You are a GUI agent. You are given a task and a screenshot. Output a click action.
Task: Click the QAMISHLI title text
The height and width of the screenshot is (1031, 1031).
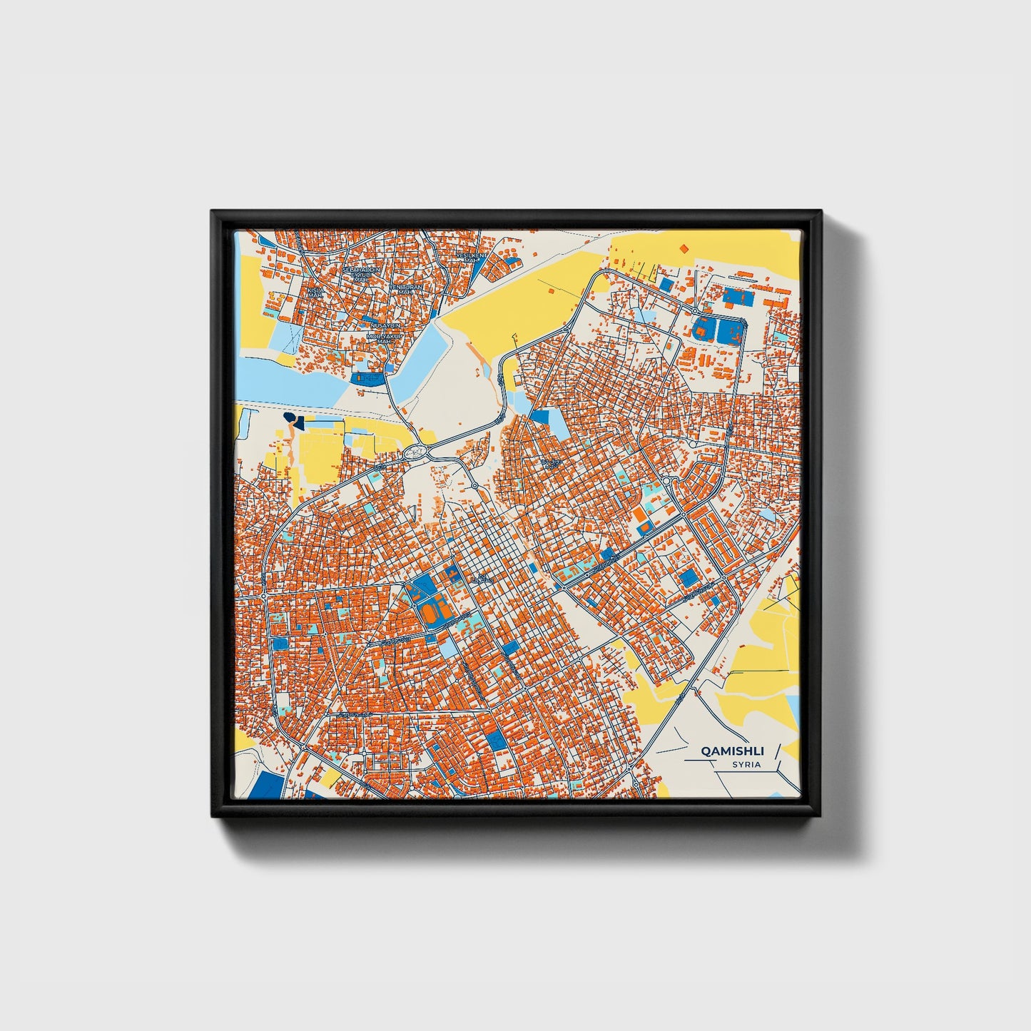pyautogui.click(x=732, y=751)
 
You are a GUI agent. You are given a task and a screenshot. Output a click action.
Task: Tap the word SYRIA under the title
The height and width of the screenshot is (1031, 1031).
pyautogui.click(x=746, y=765)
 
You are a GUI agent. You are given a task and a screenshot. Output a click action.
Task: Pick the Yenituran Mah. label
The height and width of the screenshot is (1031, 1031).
pyautogui.click(x=405, y=289)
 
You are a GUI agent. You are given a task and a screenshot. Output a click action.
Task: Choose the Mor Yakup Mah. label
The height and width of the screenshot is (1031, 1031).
pyautogui.click(x=380, y=337)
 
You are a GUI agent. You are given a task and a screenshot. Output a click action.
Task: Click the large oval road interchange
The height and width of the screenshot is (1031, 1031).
pyautogui.click(x=415, y=452)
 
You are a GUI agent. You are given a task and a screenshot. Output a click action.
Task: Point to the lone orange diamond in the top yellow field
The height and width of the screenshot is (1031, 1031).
pyautogui.click(x=684, y=248)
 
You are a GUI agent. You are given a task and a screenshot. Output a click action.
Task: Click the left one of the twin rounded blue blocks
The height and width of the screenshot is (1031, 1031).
pyautogui.click(x=702, y=329)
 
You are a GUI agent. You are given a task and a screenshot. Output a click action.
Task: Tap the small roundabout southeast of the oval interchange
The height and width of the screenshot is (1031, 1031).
pyautogui.click(x=474, y=486)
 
